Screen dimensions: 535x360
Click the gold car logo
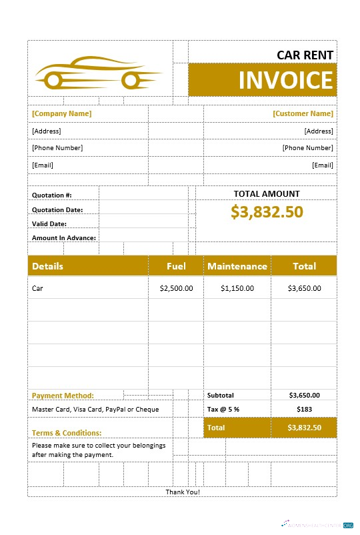(x=99, y=73)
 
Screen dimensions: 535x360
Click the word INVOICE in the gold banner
(x=285, y=80)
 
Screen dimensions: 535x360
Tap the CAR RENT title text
(x=305, y=55)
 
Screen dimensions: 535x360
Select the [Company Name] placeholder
(x=62, y=113)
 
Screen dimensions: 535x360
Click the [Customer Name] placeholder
(x=303, y=113)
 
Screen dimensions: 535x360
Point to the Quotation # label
(x=52, y=195)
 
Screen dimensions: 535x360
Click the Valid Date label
(x=49, y=223)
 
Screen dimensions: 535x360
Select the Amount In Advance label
(x=64, y=237)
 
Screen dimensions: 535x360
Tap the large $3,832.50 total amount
(x=267, y=211)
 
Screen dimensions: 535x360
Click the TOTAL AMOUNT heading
(x=267, y=193)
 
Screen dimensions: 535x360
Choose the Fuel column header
(x=176, y=266)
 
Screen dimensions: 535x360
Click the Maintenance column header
(x=237, y=266)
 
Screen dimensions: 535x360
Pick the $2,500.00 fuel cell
(x=176, y=288)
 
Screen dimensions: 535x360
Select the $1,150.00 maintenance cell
(x=237, y=288)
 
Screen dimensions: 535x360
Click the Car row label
(x=37, y=288)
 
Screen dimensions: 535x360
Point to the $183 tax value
(x=304, y=409)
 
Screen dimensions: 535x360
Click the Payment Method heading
(x=63, y=396)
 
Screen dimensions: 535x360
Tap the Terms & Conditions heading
(x=67, y=433)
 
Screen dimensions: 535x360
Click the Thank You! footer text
(x=183, y=492)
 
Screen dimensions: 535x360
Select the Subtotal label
(x=221, y=395)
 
